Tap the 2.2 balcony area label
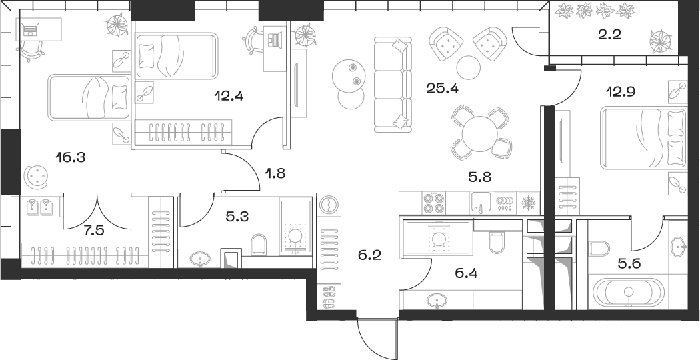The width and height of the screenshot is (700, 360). [609, 35]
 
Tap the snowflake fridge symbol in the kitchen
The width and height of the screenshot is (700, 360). [527, 201]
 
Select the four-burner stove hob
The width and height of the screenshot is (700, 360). [433, 201]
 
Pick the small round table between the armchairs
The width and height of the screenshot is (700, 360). [469, 67]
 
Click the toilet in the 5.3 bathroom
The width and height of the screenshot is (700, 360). [260, 243]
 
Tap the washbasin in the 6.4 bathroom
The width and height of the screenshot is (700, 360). [437, 302]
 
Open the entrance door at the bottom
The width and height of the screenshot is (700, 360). [377, 337]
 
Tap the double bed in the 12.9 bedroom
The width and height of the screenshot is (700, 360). [644, 139]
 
